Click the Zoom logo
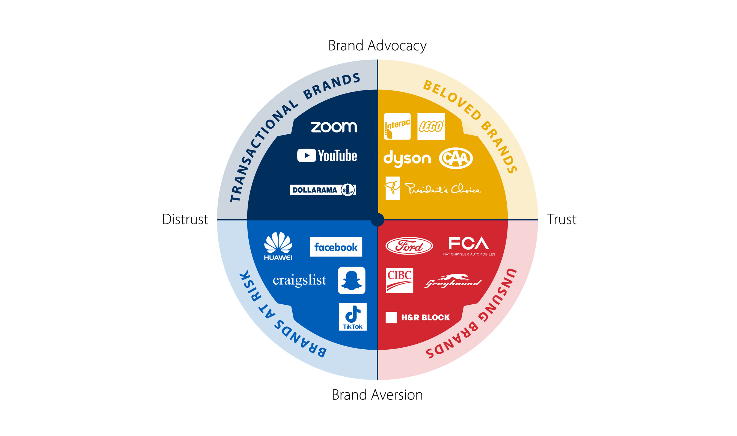click(334, 127)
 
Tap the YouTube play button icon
click(306, 155)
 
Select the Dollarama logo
click(323, 190)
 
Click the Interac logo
click(397, 126)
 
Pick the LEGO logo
click(431, 127)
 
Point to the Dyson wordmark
click(407, 158)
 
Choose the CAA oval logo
click(456, 158)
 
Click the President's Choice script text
click(443, 189)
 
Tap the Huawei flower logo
click(278, 243)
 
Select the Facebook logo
click(336, 247)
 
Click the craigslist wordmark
click(299, 280)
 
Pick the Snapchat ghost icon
click(351, 280)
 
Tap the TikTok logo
click(352, 317)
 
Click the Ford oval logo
click(409, 246)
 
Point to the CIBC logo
click(399, 280)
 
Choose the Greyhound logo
click(453, 281)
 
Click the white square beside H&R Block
click(391, 317)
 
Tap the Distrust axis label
click(185, 219)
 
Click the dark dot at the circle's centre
click(377, 220)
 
